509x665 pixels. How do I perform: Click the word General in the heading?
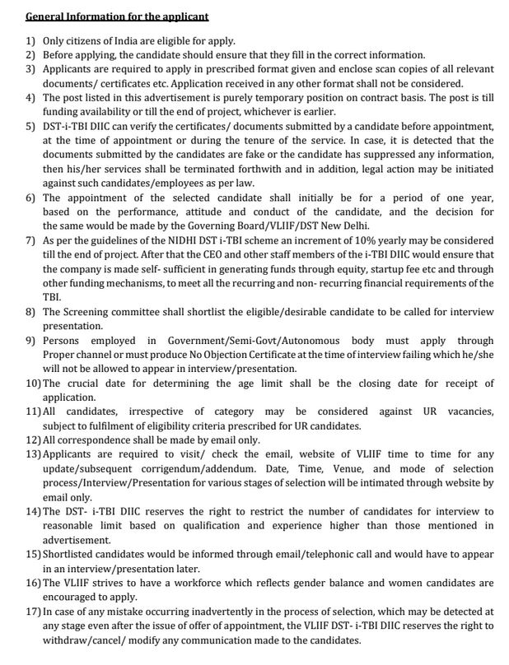(48, 16)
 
